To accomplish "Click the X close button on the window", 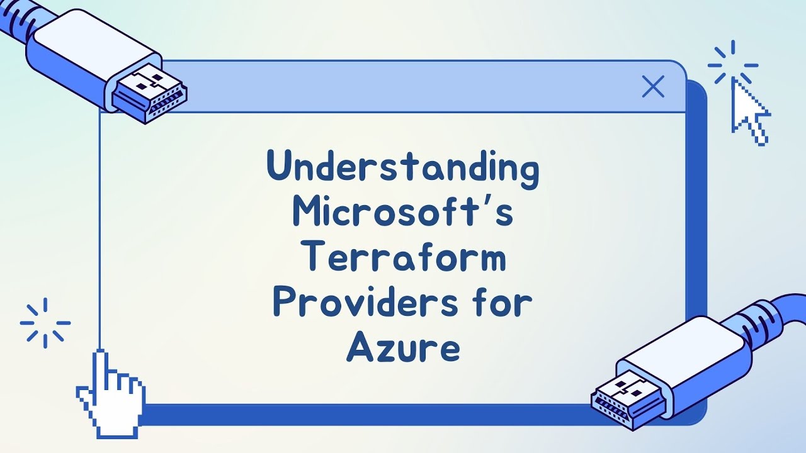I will [x=653, y=87].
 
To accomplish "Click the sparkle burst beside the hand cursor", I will [x=45, y=323].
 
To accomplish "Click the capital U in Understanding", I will [x=279, y=167].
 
